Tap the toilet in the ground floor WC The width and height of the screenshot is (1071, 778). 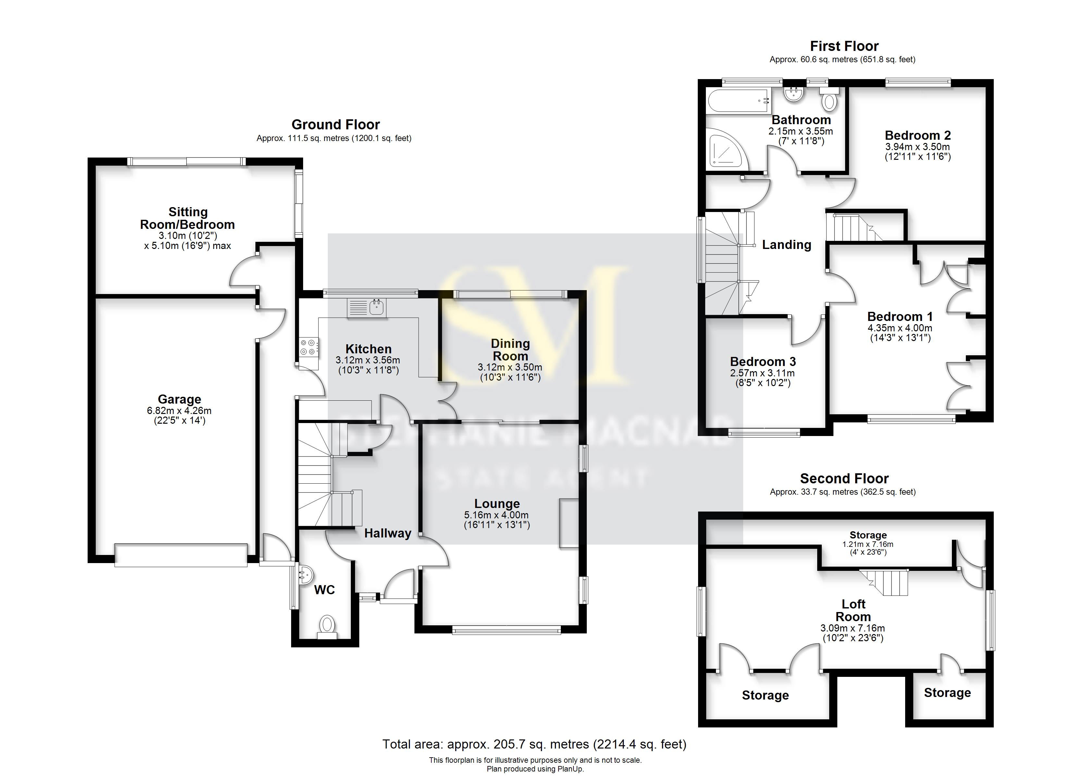327,625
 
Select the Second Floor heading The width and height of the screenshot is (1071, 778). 844,478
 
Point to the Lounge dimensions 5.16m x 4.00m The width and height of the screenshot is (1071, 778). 497,515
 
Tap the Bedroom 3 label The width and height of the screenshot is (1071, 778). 763,362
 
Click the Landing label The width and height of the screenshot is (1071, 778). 787,244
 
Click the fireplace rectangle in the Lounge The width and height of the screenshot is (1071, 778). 569,523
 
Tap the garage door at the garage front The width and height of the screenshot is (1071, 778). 181,555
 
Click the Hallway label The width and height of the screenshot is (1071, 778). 388,533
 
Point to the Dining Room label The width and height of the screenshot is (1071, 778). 511,349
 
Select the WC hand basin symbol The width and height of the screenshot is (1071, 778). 304,575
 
